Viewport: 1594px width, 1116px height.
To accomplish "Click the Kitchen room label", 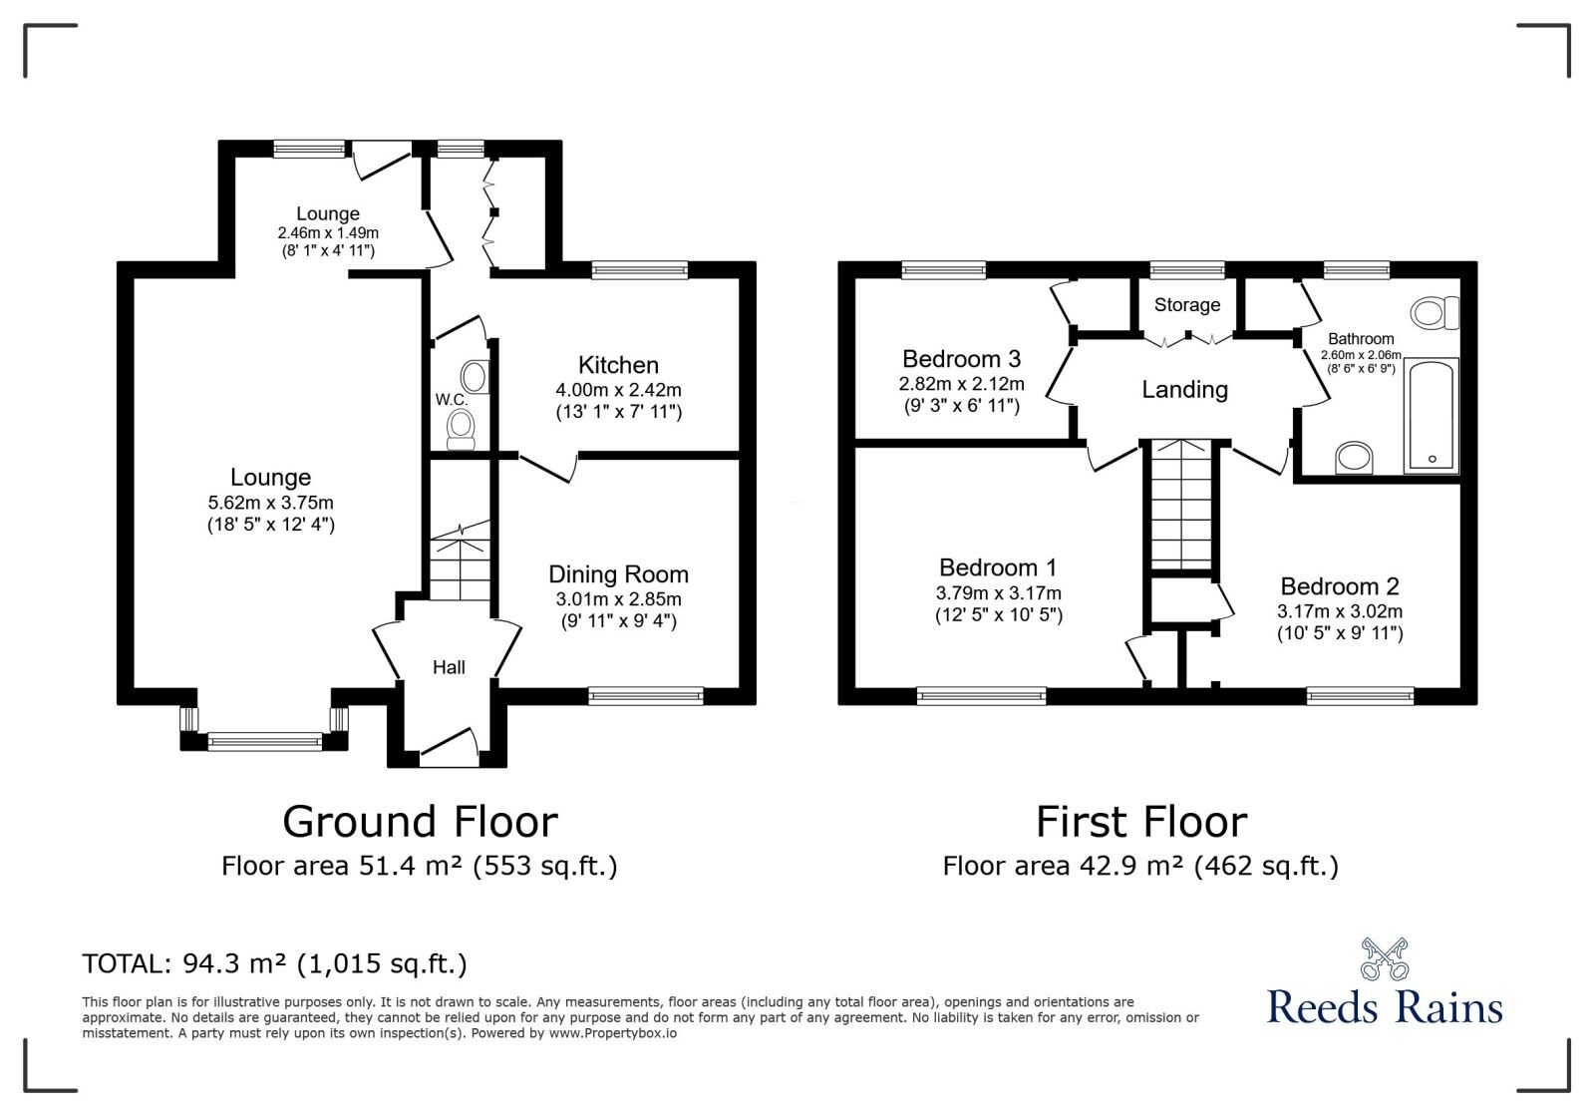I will (x=618, y=365).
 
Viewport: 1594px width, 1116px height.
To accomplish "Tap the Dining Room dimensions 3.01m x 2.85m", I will (x=618, y=599).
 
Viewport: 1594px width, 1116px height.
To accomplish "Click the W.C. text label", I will (x=451, y=400).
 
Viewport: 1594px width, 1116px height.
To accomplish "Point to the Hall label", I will (x=449, y=667).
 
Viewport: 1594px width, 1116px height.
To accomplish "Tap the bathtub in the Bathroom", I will (x=1432, y=415).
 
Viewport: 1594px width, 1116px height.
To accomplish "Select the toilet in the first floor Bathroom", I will (x=1435, y=313).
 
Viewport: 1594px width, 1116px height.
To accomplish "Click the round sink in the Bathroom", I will (x=1354, y=458).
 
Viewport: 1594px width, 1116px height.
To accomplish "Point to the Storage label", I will (x=1186, y=305).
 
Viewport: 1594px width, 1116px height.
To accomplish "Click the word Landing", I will (x=1184, y=390).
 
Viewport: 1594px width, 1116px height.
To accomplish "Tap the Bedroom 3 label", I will (x=961, y=359).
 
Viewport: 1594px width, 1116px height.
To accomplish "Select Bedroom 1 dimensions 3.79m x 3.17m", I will (x=998, y=593).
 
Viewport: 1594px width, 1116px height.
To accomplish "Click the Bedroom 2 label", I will (x=1339, y=586).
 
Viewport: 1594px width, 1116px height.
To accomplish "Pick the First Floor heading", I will (x=1140, y=823).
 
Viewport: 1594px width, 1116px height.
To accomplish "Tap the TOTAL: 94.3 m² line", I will (x=274, y=964).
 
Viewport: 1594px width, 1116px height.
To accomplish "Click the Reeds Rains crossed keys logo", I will (x=1384, y=958).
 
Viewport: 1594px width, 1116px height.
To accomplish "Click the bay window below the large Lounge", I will (x=264, y=740).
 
